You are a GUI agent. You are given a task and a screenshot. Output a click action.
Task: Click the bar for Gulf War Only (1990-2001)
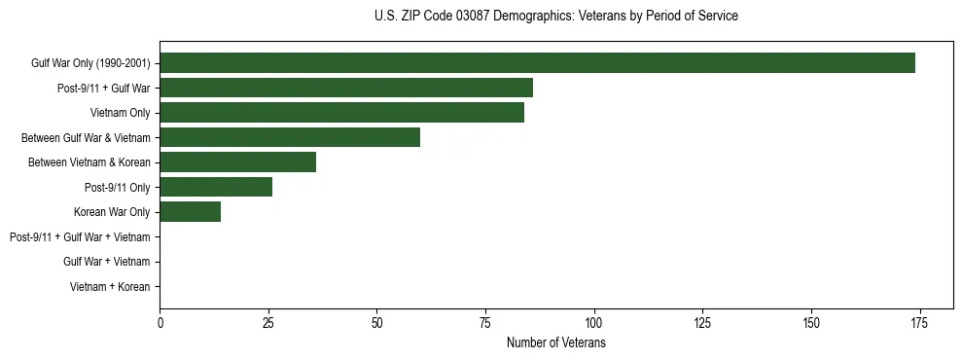[x=537, y=63]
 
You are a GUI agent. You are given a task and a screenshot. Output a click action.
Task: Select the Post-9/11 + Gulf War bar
[x=346, y=89]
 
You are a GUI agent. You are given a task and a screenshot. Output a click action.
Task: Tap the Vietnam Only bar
[x=341, y=113]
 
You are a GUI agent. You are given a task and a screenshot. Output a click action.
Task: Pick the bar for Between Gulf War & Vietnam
[x=290, y=137]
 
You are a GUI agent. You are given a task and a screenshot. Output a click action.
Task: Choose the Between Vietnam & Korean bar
[x=237, y=162]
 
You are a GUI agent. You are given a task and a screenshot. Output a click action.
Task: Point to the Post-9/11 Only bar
[x=216, y=187]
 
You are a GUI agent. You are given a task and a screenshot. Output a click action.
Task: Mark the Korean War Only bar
[x=190, y=212]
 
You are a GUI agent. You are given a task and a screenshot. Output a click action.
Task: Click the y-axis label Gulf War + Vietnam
[x=106, y=262]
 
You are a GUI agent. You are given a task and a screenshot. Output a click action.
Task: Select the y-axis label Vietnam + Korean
[x=110, y=287]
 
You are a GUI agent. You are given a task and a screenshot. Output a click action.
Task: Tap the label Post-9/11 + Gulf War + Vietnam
[x=80, y=236]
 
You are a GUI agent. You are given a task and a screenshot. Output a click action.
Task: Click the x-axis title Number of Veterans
[x=555, y=342]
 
